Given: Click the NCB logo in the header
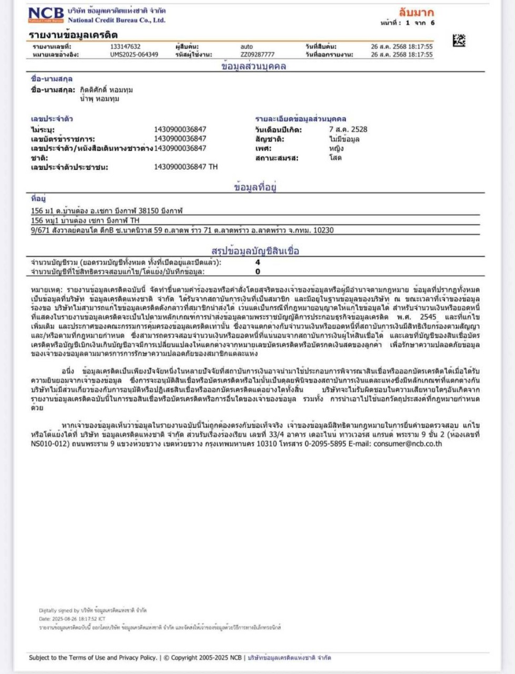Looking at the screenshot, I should tap(46, 15).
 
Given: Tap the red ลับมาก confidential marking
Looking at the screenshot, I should tap(416, 13).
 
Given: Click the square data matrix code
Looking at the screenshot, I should tap(459, 40).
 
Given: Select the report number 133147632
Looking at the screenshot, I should tap(125, 47).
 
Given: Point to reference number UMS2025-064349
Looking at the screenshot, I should tap(134, 54).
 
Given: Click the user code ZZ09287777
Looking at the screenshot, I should tap(257, 54).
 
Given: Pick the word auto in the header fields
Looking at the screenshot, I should tap(246, 47).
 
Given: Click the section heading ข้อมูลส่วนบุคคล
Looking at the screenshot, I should tap(254, 66).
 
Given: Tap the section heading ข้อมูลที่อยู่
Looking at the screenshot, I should tap(255, 187).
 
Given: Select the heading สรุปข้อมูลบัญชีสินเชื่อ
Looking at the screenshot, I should tap(255, 251).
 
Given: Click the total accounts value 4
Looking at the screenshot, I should tap(257, 262).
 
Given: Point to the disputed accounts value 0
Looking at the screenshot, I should tap(257, 272).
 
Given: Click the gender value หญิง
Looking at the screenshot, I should tap(336, 148).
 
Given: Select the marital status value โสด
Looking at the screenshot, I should tap(335, 158).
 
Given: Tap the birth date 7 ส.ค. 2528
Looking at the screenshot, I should tap(348, 129).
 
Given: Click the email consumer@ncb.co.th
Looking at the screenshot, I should tap(408, 444).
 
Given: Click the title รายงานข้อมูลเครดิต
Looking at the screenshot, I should tap(73, 35).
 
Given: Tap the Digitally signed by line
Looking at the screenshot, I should tap(93, 610).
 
